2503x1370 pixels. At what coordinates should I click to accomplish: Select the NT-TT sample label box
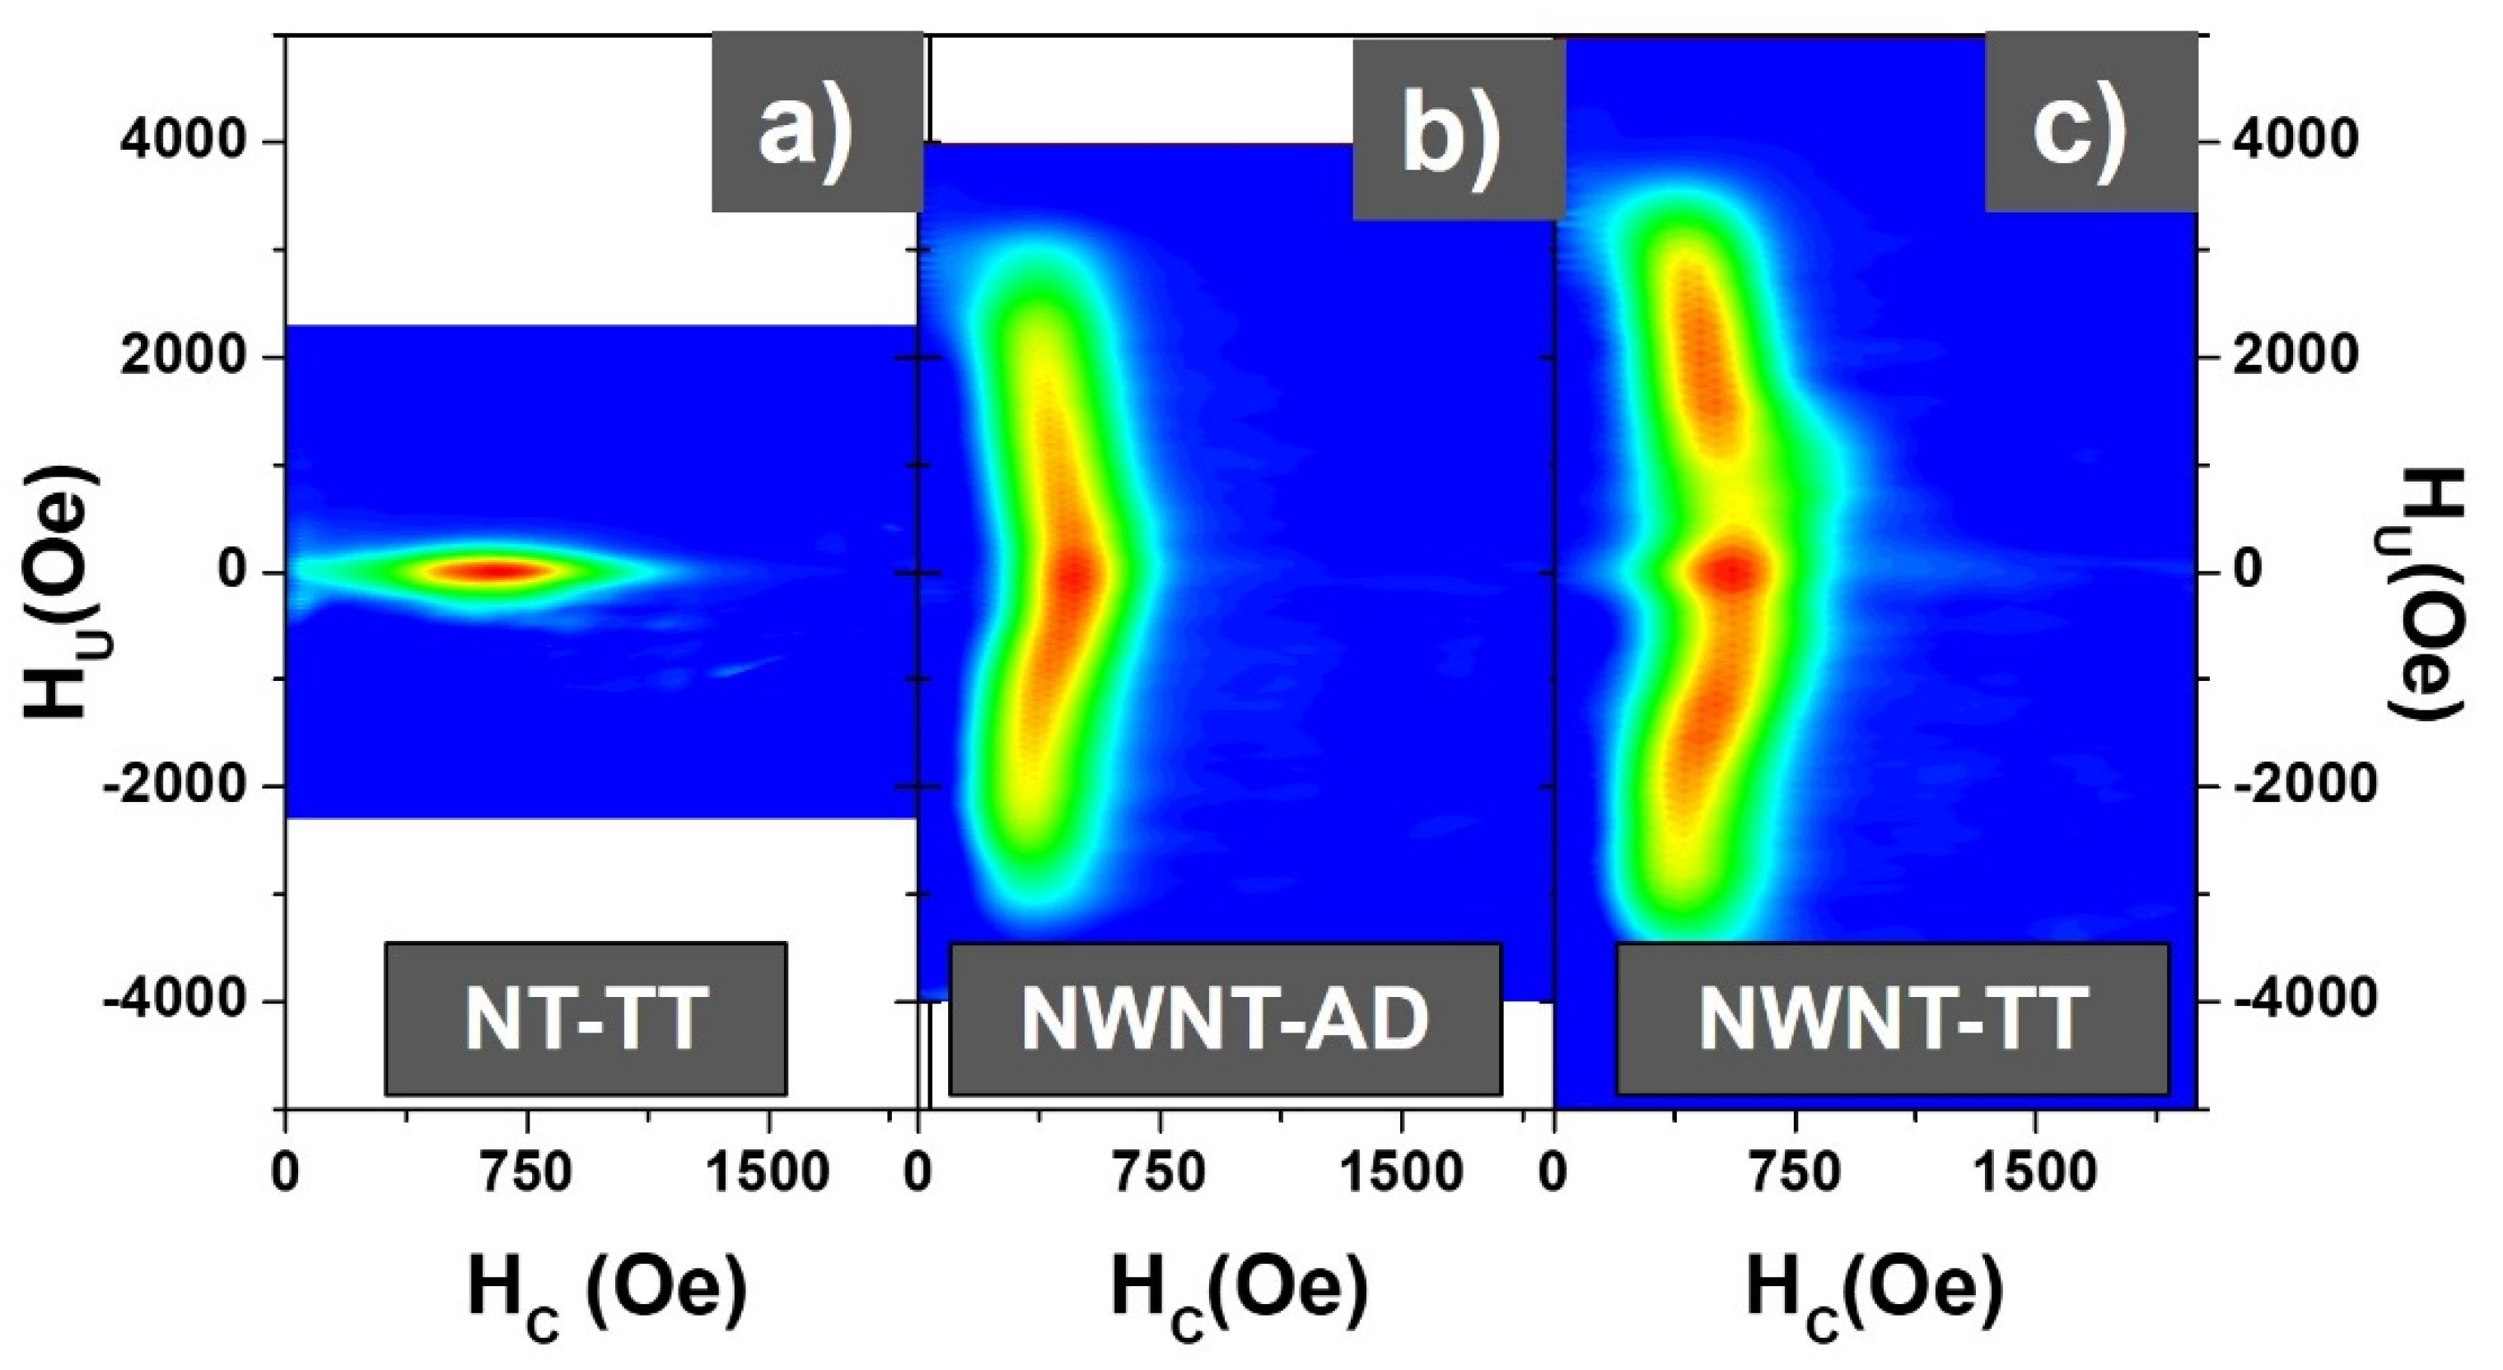click(585, 1018)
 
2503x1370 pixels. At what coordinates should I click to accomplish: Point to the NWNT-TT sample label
click(1892, 1018)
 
